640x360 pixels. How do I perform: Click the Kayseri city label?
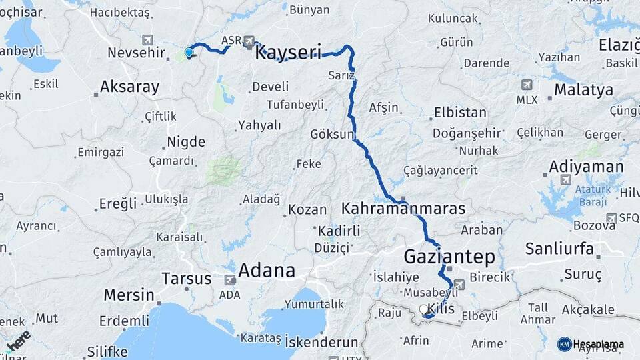point(288,53)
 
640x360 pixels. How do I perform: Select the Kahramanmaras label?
point(403,209)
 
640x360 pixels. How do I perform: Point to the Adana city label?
point(266,271)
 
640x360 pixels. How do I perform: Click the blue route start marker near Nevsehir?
point(189,53)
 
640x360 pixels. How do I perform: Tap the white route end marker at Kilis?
point(425,310)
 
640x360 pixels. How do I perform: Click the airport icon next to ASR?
point(249,40)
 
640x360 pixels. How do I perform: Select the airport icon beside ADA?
point(230,280)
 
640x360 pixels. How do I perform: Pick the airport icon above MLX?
point(527,85)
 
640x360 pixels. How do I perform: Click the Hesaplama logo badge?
point(564,344)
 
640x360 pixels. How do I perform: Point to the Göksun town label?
point(332,134)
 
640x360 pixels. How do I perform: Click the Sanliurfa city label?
point(559,249)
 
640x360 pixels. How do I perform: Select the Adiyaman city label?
point(586,167)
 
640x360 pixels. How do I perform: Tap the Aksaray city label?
point(129,87)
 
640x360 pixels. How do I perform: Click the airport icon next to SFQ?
point(612,218)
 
